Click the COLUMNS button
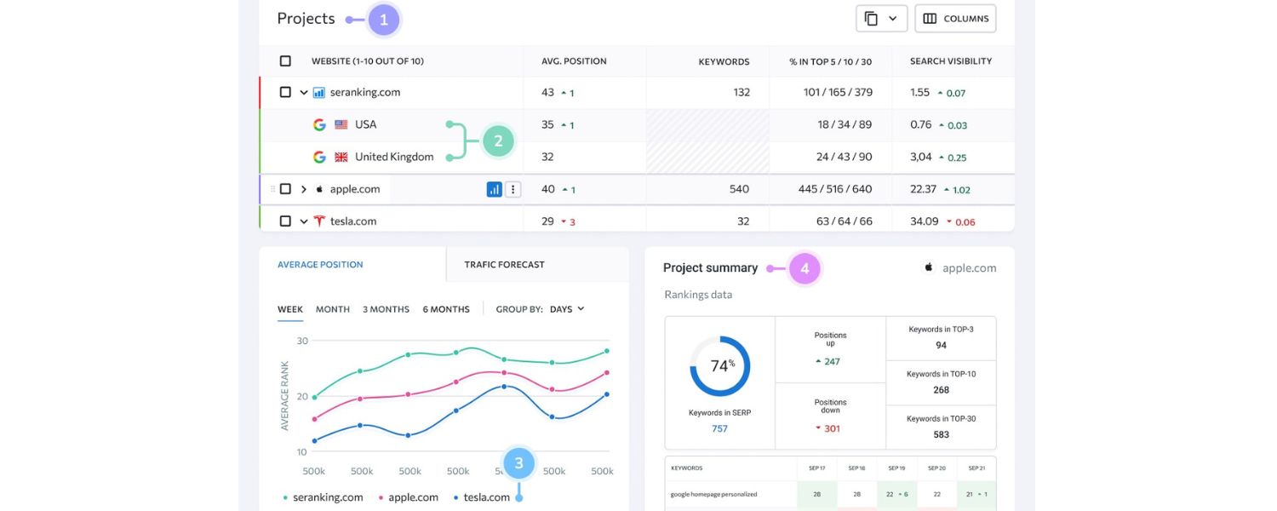(x=955, y=19)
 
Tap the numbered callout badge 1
(x=383, y=20)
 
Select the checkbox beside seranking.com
(x=285, y=92)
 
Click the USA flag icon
(x=341, y=124)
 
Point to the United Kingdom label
(x=393, y=157)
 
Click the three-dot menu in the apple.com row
(x=513, y=189)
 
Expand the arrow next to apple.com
(x=304, y=189)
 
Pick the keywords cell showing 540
(x=739, y=189)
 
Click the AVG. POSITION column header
(x=574, y=61)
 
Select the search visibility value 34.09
(x=924, y=221)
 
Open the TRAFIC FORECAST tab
(x=504, y=265)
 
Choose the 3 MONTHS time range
(x=386, y=309)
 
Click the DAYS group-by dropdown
(x=567, y=309)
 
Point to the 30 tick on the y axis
(x=301, y=341)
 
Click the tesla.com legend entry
(x=485, y=497)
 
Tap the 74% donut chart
(x=719, y=366)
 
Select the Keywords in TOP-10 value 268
(x=941, y=390)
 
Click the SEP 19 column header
(x=896, y=468)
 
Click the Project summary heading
(x=710, y=268)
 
